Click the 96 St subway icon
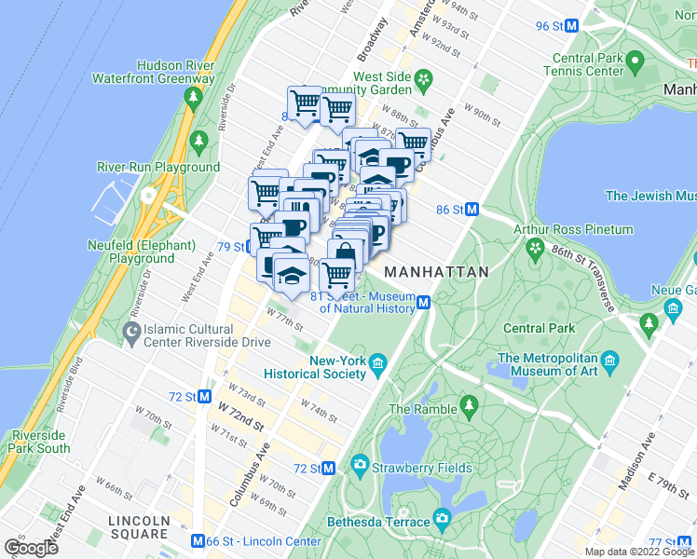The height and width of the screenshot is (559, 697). coord(572,26)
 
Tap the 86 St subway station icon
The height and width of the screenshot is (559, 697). coord(471,211)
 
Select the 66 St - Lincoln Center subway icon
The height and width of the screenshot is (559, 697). coord(198,541)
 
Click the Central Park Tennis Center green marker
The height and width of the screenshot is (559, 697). coord(635,64)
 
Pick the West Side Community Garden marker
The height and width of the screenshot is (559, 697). coord(424,79)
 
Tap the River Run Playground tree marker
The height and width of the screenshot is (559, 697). coord(198,141)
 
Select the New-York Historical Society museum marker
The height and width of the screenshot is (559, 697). coord(377,362)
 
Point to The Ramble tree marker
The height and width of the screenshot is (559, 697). coord(468,405)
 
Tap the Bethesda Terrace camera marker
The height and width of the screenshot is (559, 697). coord(442,518)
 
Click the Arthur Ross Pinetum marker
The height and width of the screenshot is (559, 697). coord(535,248)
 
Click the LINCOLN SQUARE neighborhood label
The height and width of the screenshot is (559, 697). coord(138,527)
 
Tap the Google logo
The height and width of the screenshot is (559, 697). coord(32,548)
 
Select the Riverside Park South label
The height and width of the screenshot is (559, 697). coord(40,442)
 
